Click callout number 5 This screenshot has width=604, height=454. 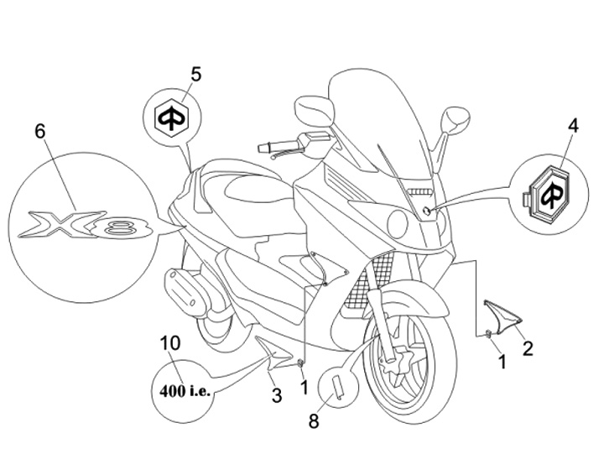click(x=195, y=74)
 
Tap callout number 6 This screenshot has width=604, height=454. click(x=39, y=131)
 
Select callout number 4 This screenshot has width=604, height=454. click(x=573, y=127)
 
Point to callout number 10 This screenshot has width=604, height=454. click(x=169, y=342)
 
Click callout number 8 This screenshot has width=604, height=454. click(x=314, y=420)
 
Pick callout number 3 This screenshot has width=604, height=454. click(x=276, y=395)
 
